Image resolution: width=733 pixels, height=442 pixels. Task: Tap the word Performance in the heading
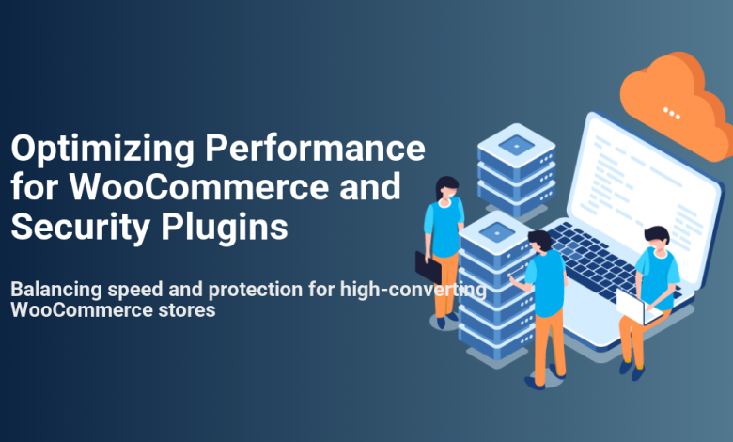click(315, 148)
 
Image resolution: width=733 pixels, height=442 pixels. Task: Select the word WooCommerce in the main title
click(199, 186)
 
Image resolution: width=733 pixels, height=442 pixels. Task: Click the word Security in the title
click(80, 229)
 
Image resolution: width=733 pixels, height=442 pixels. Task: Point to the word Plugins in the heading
click(225, 229)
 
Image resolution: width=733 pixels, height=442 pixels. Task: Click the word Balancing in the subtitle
click(56, 290)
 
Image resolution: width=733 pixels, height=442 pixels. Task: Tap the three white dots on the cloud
click(671, 113)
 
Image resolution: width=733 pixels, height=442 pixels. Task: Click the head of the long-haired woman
click(447, 188)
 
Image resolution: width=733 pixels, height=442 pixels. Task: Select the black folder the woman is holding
click(428, 267)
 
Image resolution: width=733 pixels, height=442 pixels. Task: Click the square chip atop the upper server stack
click(516, 145)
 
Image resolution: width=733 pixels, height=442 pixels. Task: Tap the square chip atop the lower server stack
click(496, 231)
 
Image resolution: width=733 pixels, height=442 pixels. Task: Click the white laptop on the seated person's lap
click(636, 307)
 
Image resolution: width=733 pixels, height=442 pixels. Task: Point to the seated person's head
click(657, 239)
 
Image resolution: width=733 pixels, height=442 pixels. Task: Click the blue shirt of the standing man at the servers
click(546, 283)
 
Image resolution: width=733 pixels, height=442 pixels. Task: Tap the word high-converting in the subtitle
click(413, 290)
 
